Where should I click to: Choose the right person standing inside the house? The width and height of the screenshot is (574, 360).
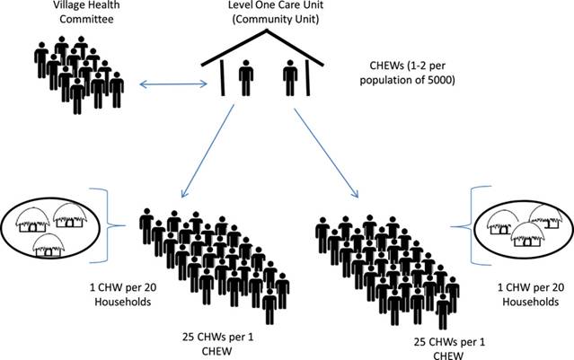click(x=289, y=79)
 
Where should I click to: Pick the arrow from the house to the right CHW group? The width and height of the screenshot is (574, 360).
click(x=330, y=149)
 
